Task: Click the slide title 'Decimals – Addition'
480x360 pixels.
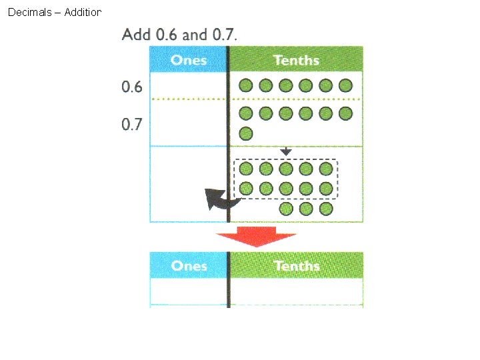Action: (54, 12)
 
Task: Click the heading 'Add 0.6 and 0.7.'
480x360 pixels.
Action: (179, 34)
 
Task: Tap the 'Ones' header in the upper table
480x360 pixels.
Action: (189, 60)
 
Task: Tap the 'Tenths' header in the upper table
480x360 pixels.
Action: (296, 60)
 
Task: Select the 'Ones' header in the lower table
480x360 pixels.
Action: (189, 265)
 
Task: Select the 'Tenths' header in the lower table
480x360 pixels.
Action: (296, 265)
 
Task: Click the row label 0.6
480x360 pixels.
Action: (132, 87)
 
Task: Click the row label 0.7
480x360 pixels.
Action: (132, 124)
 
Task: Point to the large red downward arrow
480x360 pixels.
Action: (256, 236)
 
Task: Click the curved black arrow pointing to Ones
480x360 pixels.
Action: (219, 198)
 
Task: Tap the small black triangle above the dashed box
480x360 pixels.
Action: (285, 152)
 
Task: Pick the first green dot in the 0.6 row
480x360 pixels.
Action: (246, 85)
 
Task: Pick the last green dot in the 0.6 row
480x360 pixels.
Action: (345, 85)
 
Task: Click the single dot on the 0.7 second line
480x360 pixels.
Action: (246, 133)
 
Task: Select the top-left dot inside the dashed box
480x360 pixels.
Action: (246, 169)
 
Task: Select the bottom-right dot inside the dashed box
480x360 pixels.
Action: (325, 189)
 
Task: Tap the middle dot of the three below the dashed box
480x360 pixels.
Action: (306, 209)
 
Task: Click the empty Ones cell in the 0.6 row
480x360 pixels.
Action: (189, 85)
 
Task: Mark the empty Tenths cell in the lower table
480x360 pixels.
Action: (296, 291)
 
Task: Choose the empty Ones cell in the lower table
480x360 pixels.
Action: (189, 291)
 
